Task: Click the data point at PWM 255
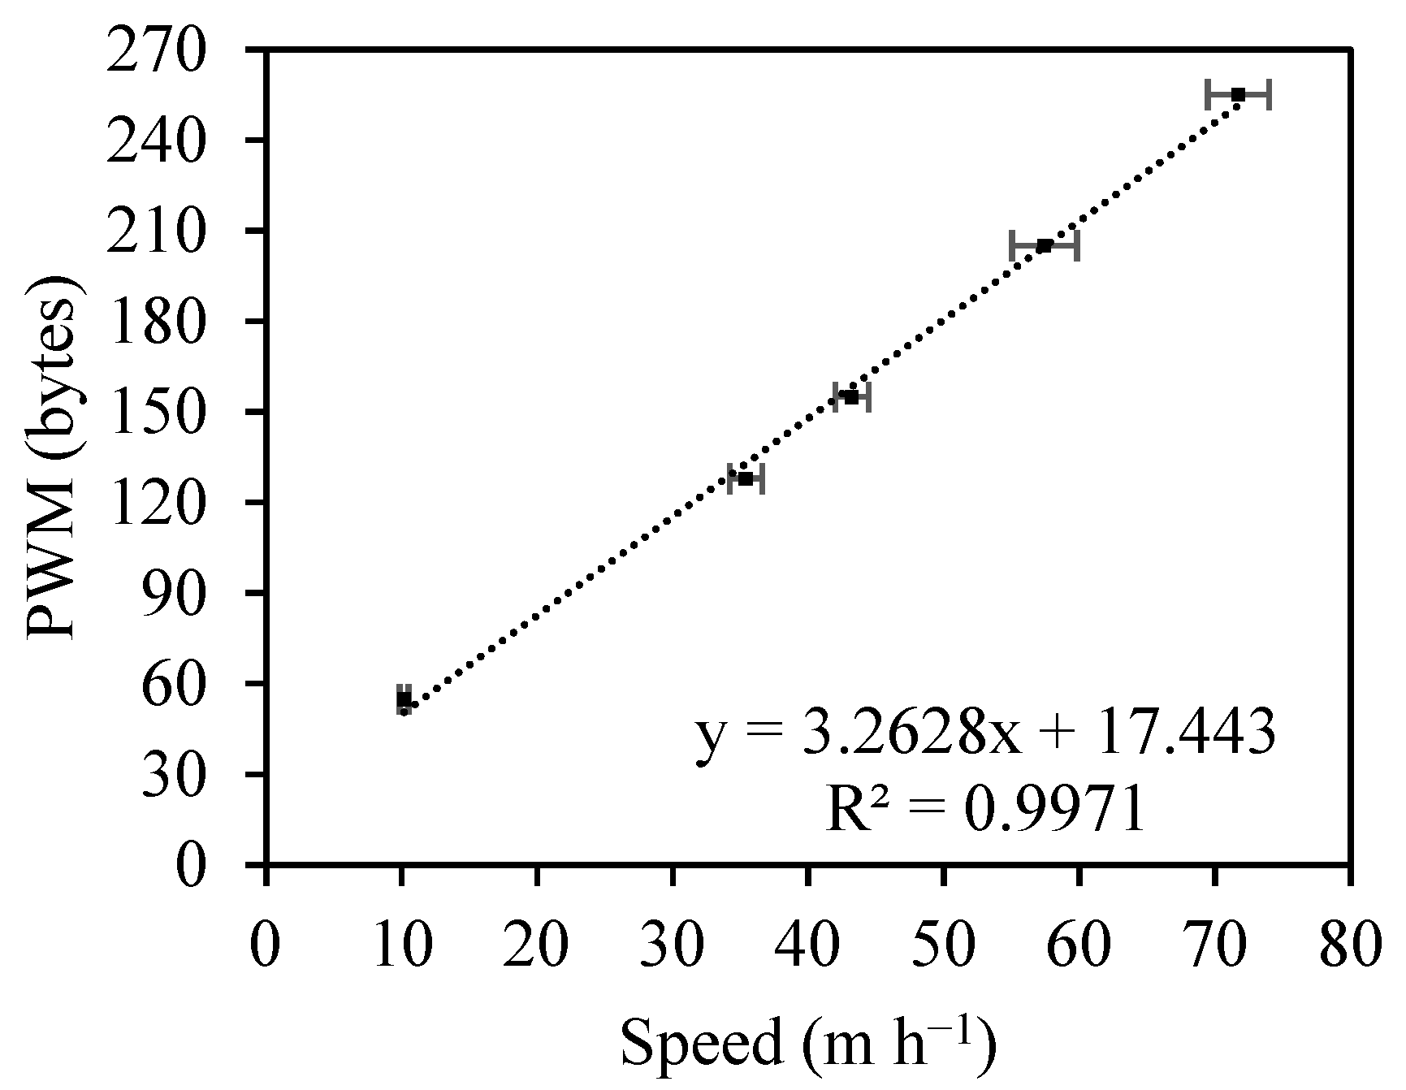[1238, 95]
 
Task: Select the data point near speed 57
[1045, 245]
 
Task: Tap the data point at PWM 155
[851, 397]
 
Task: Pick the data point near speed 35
[746, 479]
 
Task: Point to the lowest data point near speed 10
[404, 699]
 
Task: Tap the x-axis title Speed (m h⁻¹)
[807, 1048]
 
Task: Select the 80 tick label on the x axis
[1349, 947]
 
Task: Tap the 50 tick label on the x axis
[943, 947]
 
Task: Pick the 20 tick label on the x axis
[537, 947]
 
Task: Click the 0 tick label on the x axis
[266, 947]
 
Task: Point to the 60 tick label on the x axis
[1079, 947]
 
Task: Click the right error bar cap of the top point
[1270, 95]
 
